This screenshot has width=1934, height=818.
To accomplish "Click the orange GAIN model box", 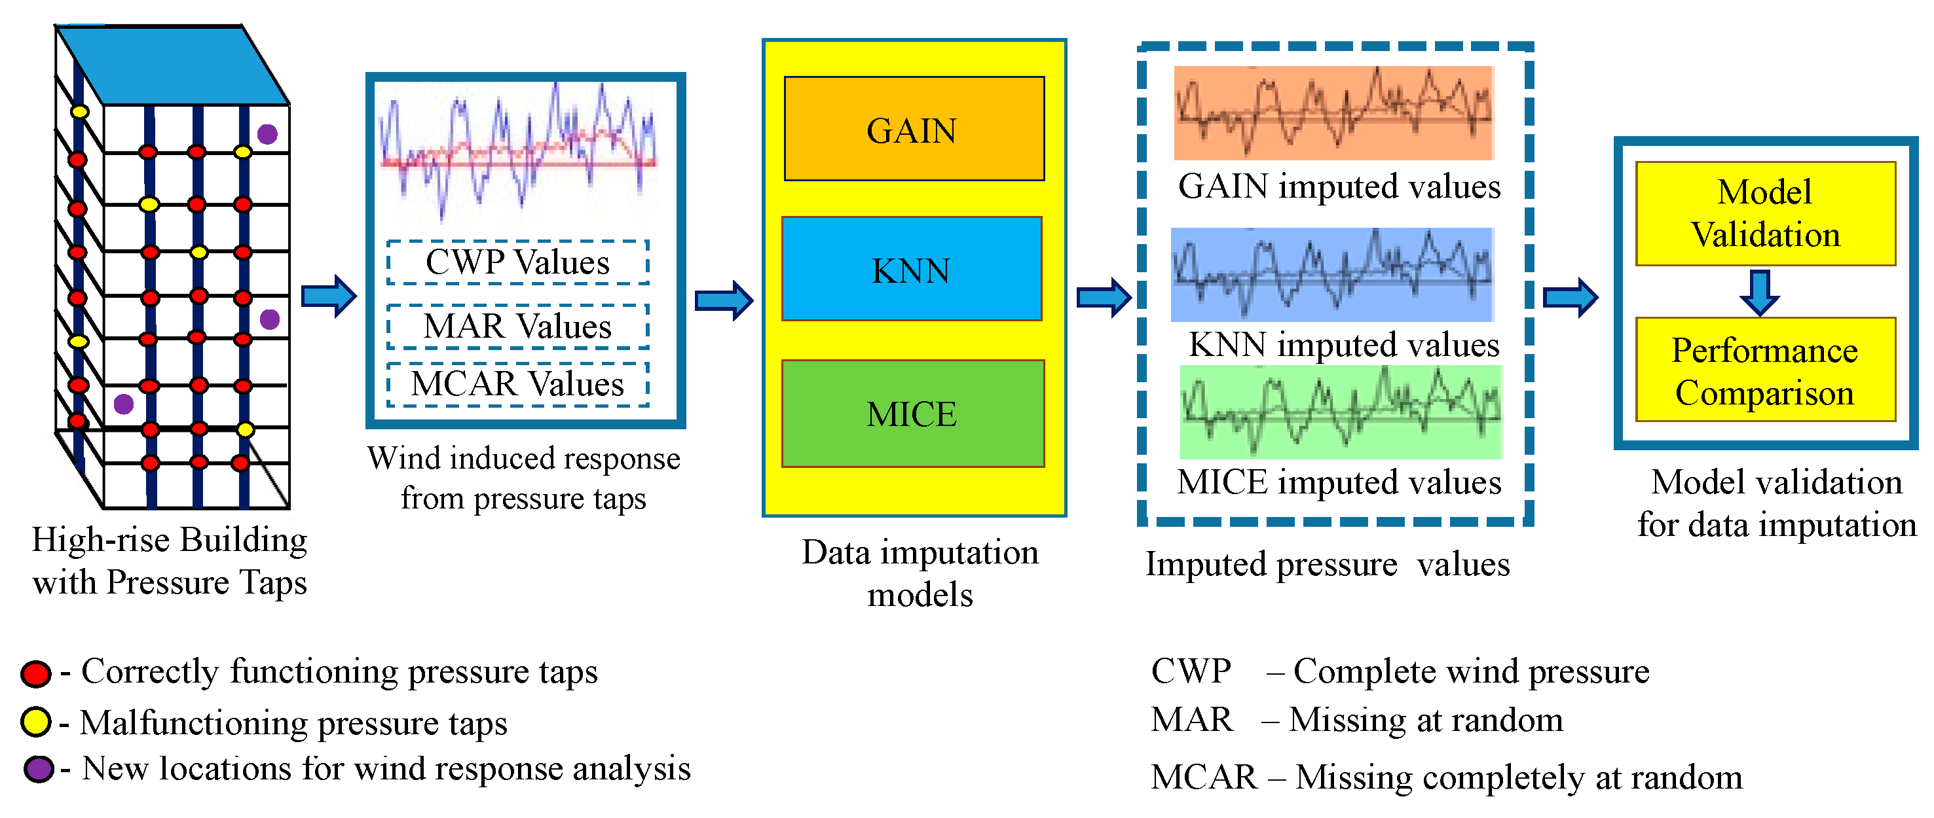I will (914, 129).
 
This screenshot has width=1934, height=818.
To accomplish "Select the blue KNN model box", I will (912, 270).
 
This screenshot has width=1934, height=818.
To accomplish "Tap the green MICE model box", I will (913, 414).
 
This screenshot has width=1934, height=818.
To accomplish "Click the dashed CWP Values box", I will (518, 262).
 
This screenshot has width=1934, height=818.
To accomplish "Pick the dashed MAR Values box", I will (518, 327).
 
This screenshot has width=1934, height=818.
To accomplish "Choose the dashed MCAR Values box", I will (518, 384).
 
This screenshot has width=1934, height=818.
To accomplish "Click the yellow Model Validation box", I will (1765, 214).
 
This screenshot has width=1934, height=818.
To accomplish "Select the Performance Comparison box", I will (1765, 370).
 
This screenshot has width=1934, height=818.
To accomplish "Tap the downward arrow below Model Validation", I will (1760, 292).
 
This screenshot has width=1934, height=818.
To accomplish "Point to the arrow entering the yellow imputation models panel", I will (724, 300).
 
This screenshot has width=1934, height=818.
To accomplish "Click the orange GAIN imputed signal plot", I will (1333, 113).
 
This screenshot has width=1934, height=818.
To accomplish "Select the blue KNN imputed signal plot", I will (1332, 275).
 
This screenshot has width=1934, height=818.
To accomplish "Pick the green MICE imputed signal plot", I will (1341, 412).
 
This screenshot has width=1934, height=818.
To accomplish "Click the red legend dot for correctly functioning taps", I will (35, 673).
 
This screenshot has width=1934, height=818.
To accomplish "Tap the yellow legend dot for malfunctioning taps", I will (35, 722).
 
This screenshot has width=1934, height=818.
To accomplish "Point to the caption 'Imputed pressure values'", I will (1327, 564).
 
